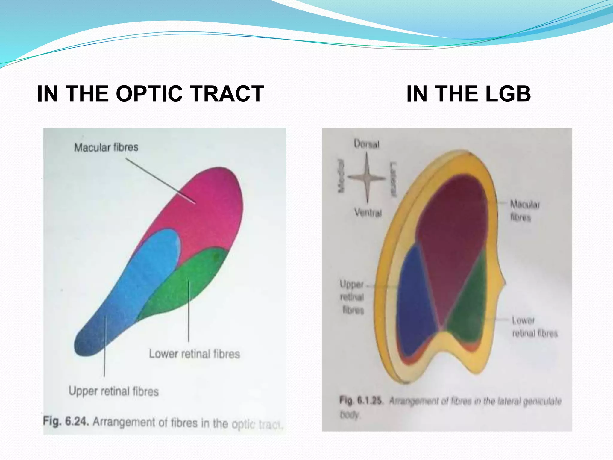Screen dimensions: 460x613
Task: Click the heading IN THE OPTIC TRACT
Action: coord(151,94)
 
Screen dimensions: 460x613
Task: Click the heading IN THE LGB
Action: coord(468,94)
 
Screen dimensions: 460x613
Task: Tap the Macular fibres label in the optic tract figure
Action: coord(106,147)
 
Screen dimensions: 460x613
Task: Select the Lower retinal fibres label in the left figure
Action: coord(195,354)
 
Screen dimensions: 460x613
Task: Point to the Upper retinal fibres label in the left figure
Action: coord(113,391)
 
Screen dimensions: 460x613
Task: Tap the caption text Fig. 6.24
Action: coord(66,421)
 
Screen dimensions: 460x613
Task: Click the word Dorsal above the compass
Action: coord(366,144)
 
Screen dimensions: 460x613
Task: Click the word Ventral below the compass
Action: coord(368,213)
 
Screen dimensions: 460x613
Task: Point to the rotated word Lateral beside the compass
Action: coord(393,179)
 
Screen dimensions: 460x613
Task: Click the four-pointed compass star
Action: coord(367,178)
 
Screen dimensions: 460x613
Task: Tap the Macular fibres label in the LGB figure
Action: coord(524,211)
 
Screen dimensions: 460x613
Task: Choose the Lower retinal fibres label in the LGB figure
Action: coord(534,327)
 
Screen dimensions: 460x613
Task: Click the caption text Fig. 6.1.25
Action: coord(361,400)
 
